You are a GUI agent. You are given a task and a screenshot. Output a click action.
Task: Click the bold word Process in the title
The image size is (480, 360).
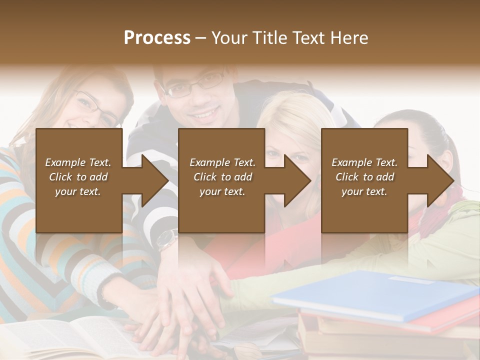pyautogui.click(x=157, y=38)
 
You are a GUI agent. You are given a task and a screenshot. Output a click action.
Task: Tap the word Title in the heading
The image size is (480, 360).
pyautogui.click(x=268, y=38)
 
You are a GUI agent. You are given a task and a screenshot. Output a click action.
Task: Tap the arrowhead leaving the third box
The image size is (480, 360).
pyautogui.click(x=439, y=180)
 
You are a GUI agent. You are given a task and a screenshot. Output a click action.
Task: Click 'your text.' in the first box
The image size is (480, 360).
pyautogui.click(x=78, y=191)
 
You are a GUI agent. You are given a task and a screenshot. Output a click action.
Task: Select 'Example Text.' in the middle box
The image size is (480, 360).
pyautogui.click(x=222, y=162)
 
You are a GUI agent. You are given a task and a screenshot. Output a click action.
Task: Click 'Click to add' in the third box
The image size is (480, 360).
pyautogui.click(x=365, y=177)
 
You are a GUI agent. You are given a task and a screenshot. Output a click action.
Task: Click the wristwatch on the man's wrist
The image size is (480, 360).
pyautogui.click(x=167, y=240)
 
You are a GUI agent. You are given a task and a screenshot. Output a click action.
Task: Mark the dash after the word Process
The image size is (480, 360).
pyautogui.click(x=201, y=38)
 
